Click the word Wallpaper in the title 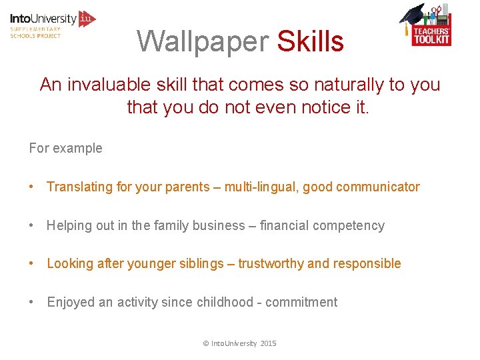point(203,41)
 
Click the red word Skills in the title point(310,41)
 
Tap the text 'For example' point(65,148)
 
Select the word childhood point(225,302)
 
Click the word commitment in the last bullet point(301,302)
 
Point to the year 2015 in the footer point(268,343)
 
